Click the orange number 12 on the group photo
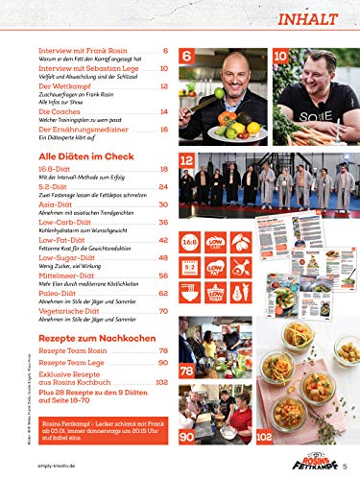coord(188,160)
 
